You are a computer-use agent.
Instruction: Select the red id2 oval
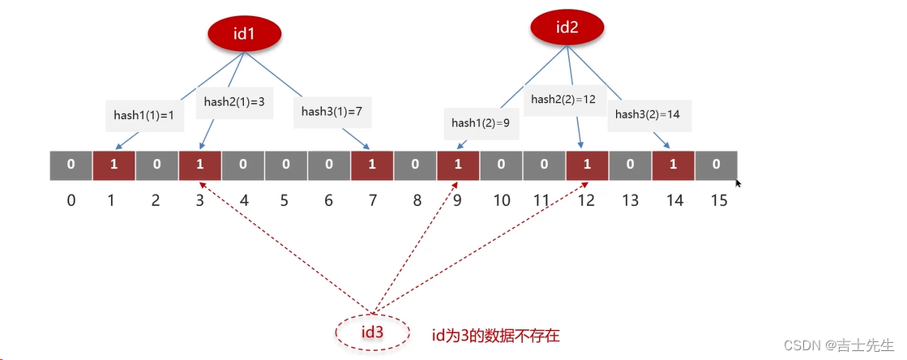567,28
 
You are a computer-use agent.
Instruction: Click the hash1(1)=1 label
143,115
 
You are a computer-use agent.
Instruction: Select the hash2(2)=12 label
563,99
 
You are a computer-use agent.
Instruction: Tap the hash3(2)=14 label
647,114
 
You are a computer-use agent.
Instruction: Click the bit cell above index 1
113,165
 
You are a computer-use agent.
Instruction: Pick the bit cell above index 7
371,165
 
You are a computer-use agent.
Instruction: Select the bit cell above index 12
586,165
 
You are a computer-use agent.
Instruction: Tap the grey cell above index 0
71,165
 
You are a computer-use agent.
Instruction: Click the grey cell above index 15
715,165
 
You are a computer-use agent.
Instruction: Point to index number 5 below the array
285,199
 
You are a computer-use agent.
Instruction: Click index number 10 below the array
501,199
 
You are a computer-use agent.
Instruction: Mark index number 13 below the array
630,199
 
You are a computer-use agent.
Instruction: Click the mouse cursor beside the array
738,184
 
